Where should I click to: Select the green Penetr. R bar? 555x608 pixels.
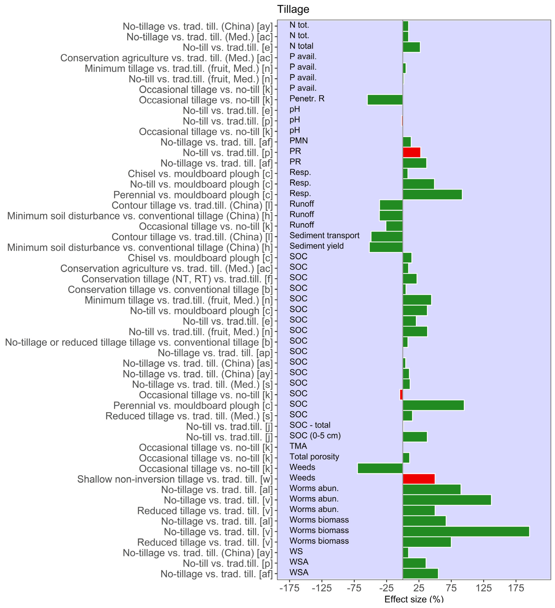click(385, 100)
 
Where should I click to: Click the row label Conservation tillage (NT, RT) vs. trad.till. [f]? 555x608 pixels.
click(177, 279)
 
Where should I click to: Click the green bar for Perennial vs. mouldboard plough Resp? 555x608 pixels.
click(432, 195)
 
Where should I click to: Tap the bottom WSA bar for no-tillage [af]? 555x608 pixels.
click(420, 574)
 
